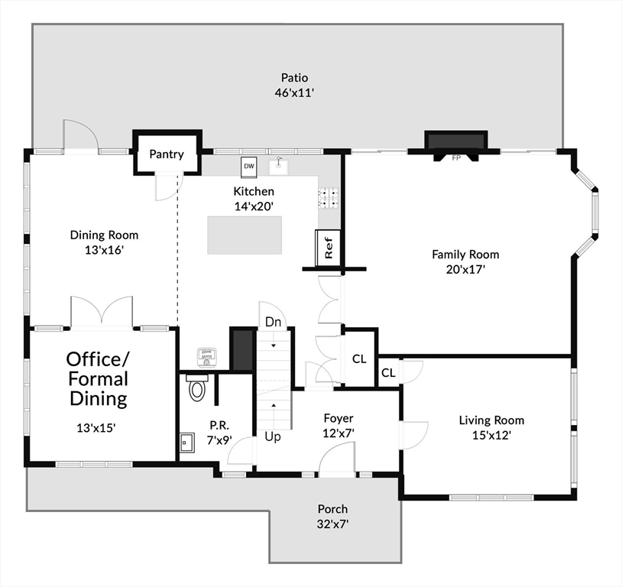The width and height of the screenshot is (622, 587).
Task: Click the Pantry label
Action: point(167,154)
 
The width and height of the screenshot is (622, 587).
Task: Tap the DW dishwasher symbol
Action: point(249,167)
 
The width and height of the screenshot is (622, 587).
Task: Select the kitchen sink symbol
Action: point(279,166)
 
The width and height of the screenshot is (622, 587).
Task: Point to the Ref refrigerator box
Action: point(328,248)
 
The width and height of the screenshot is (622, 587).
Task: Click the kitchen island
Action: point(245,235)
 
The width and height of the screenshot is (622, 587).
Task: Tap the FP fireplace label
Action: point(456,158)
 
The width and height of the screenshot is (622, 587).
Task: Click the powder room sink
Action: point(187,442)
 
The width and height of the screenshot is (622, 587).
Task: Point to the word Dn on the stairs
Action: point(273,322)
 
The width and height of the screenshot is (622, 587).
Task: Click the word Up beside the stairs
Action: point(273,436)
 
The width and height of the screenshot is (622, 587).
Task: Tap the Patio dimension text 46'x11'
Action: point(294,93)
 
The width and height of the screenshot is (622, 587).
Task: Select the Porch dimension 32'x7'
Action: point(332,524)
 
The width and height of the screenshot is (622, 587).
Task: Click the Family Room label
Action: point(465,255)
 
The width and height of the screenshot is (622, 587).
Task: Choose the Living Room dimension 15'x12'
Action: point(491,436)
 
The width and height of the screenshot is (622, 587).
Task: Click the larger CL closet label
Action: point(359,358)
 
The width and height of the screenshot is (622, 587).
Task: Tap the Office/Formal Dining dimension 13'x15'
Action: point(96,428)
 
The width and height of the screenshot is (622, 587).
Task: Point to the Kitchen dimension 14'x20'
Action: point(254,206)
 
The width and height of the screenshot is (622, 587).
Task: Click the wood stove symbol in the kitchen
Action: point(206,357)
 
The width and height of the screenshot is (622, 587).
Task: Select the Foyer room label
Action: point(339,418)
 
